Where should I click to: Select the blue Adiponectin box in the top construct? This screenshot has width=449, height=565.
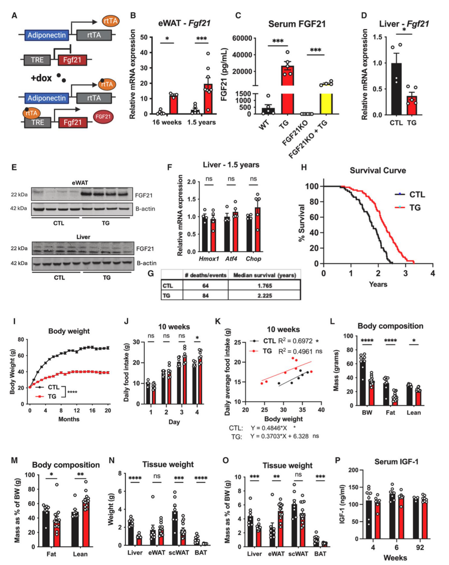pyautogui.click(x=46, y=35)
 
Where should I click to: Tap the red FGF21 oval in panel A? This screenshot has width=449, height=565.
pyautogui.click(x=103, y=117)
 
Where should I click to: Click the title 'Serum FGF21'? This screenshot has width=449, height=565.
pyautogui.click(x=297, y=24)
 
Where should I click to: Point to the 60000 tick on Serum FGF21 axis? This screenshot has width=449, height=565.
pyautogui.click(x=242, y=38)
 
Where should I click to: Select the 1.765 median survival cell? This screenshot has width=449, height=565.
pyautogui.click(x=264, y=286)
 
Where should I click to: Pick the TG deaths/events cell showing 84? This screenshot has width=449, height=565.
pyautogui.click(x=205, y=296)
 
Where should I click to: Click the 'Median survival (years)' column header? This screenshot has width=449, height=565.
pyautogui.click(x=264, y=275)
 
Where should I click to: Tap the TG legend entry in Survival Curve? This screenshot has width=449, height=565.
pyautogui.click(x=408, y=207)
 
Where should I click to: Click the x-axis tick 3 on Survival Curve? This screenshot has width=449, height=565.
pyautogui.click(x=405, y=273)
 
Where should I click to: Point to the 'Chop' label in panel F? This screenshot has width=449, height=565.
pyautogui.click(x=253, y=259)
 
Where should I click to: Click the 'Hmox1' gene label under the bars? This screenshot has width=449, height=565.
pyautogui.click(x=209, y=259)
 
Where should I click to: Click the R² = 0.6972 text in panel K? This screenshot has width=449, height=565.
pyautogui.click(x=296, y=341)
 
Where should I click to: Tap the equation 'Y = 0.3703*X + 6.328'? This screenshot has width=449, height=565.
pyautogui.click(x=279, y=436)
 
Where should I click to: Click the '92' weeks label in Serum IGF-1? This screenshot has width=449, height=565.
pyautogui.click(x=420, y=548)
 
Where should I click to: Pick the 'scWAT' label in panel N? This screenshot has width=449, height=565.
pyautogui.click(x=179, y=553)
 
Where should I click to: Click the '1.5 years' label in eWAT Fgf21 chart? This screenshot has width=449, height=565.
pyautogui.click(x=201, y=122)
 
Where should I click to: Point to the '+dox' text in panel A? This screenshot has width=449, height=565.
pyautogui.click(x=41, y=78)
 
